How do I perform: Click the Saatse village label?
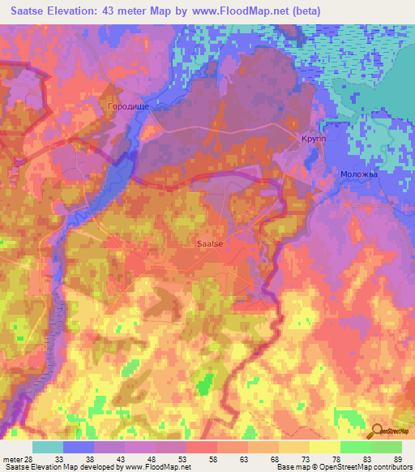(211, 242)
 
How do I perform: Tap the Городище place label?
(126, 106)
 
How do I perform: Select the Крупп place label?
(313, 139)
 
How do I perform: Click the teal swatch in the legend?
(48, 447)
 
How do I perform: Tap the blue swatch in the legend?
(79, 447)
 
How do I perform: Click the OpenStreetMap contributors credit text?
(365, 467)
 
